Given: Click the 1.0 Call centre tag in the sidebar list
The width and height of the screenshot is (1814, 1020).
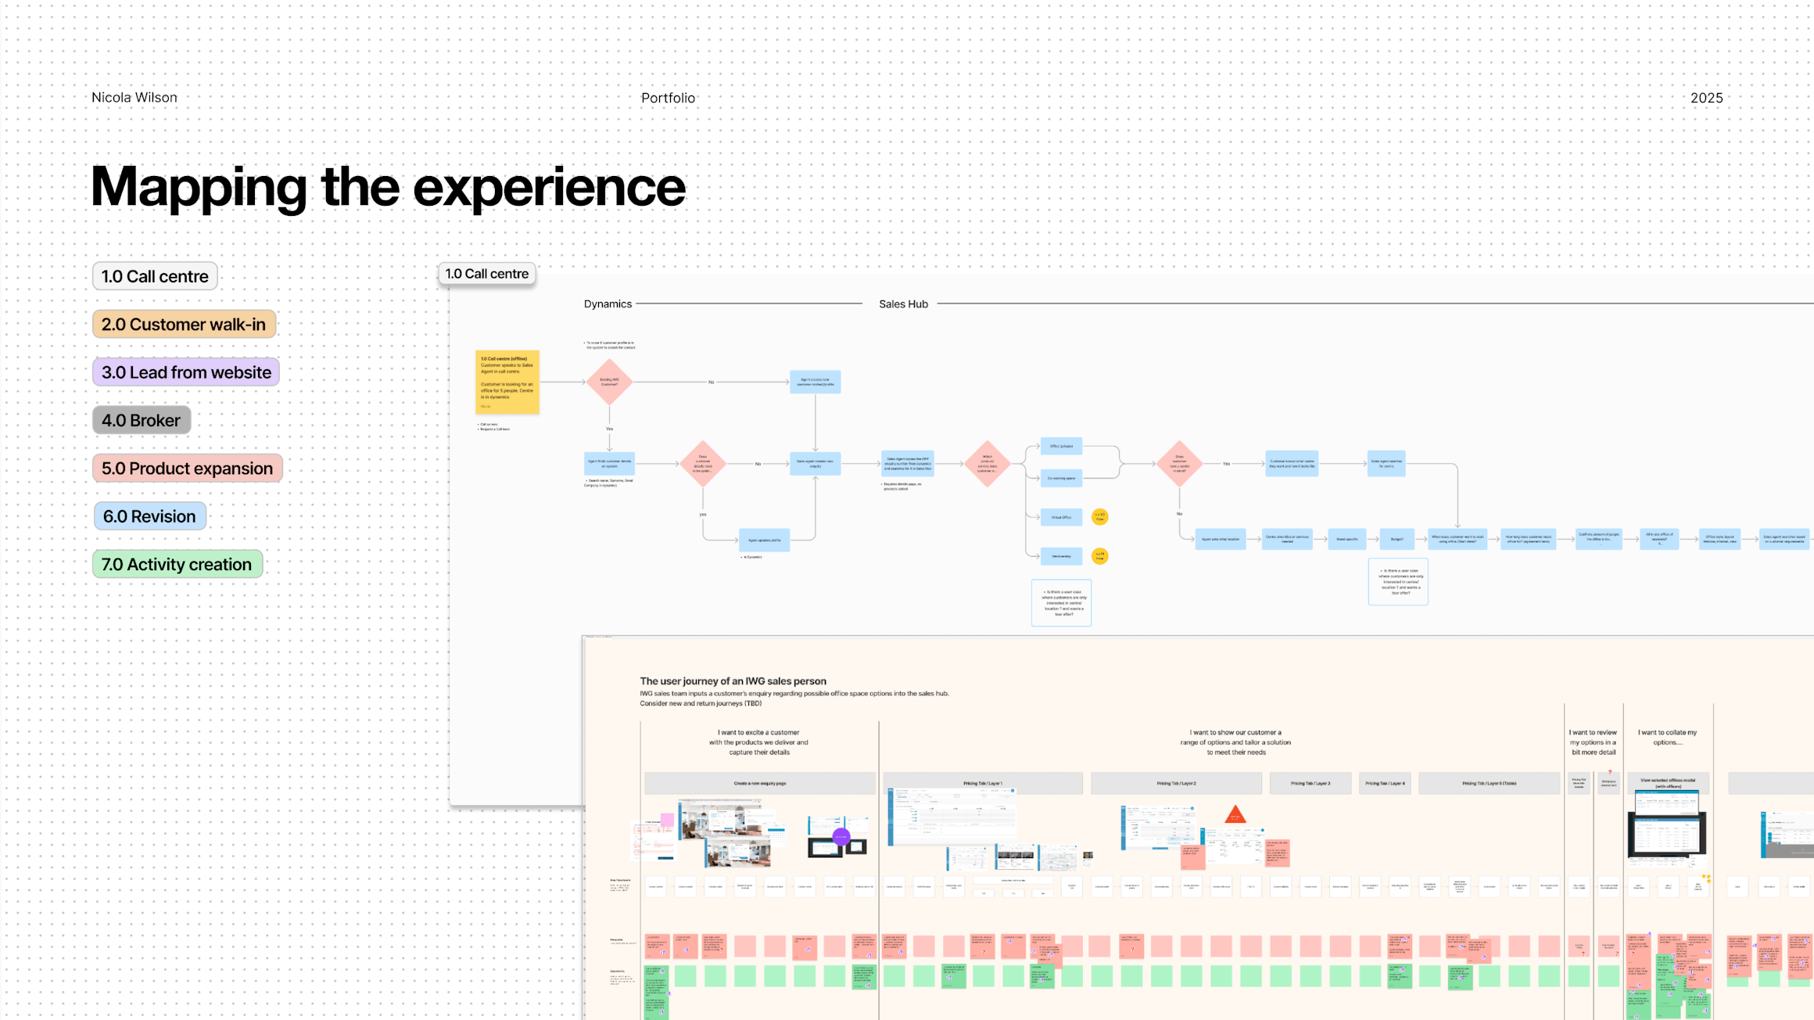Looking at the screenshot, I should point(155,276).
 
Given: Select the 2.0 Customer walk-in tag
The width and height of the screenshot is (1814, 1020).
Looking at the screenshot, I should point(184,325).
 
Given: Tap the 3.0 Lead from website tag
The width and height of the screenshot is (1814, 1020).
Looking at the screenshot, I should point(186,372).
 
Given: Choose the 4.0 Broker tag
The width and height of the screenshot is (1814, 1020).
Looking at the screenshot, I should point(141,420).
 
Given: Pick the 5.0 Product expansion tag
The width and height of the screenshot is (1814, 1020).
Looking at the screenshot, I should point(187,469).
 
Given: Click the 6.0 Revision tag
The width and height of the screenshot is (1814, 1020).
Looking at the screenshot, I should point(149,516).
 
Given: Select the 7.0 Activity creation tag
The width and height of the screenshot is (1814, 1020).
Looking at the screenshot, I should point(177,564).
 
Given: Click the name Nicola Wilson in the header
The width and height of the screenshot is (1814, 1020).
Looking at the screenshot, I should point(134,98).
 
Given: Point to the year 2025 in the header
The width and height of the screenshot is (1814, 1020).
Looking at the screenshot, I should point(1706,98).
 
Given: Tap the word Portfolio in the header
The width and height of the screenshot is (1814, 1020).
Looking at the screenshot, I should point(668,98).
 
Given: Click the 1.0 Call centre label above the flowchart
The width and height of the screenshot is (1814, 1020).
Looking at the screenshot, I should point(486,274).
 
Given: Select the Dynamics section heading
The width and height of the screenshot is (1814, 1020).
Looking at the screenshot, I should point(608,304).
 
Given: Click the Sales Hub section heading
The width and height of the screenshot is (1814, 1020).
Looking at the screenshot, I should point(903,304).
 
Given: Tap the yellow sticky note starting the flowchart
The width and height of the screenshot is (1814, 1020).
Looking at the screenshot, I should point(507,382).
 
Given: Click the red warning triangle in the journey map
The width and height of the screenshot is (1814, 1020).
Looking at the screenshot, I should point(1235,815).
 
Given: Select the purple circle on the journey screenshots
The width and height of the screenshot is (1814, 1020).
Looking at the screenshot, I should point(841,836).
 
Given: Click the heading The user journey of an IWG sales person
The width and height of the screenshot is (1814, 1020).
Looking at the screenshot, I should point(733,681).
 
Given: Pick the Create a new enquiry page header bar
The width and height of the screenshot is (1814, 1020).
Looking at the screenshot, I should point(759,783).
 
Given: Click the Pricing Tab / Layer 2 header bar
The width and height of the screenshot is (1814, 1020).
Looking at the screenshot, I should point(1176,783).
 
